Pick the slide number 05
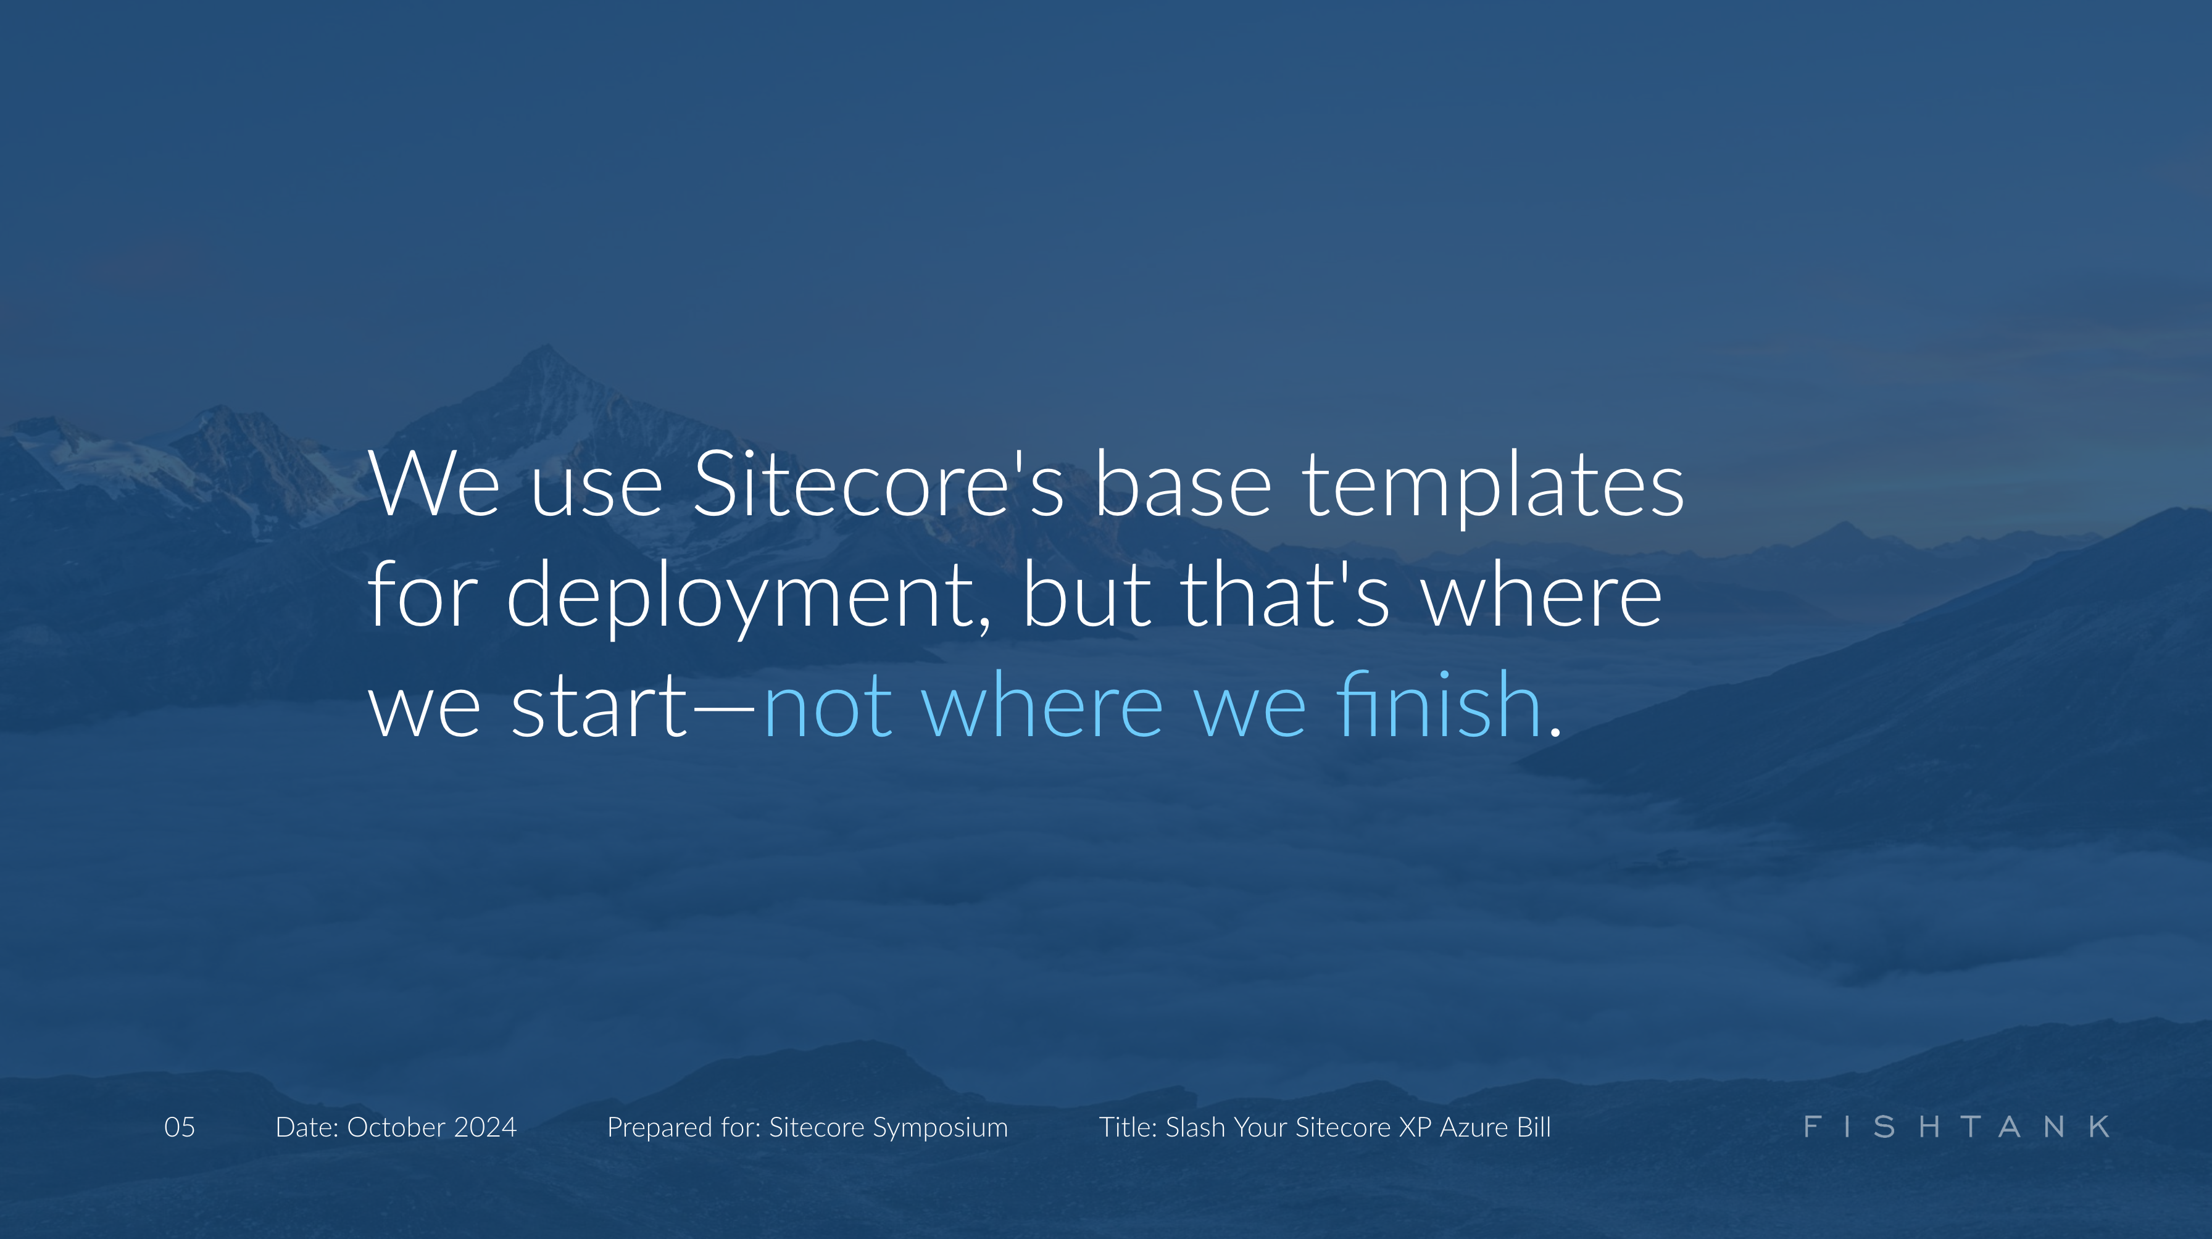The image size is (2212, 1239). [x=180, y=1127]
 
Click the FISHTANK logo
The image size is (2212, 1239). [x=1956, y=1127]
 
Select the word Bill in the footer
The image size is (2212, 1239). [x=1534, y=1127]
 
